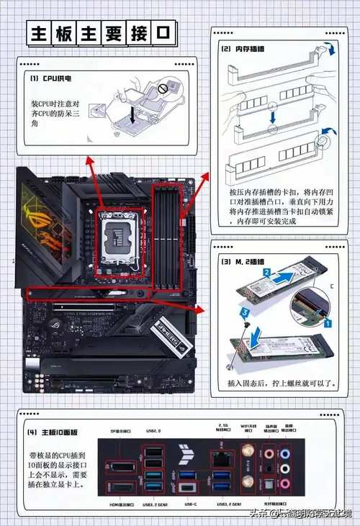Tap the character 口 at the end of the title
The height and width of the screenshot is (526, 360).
pyautogui.click(x=163, y=32)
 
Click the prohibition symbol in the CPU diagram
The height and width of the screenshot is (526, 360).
pyautogui.click(x=163, y=89)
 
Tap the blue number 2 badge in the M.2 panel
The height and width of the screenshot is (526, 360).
pyautogui.click(x=266, y=273)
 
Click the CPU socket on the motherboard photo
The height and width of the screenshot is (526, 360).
pyautogui.click(x=118, y=242)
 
